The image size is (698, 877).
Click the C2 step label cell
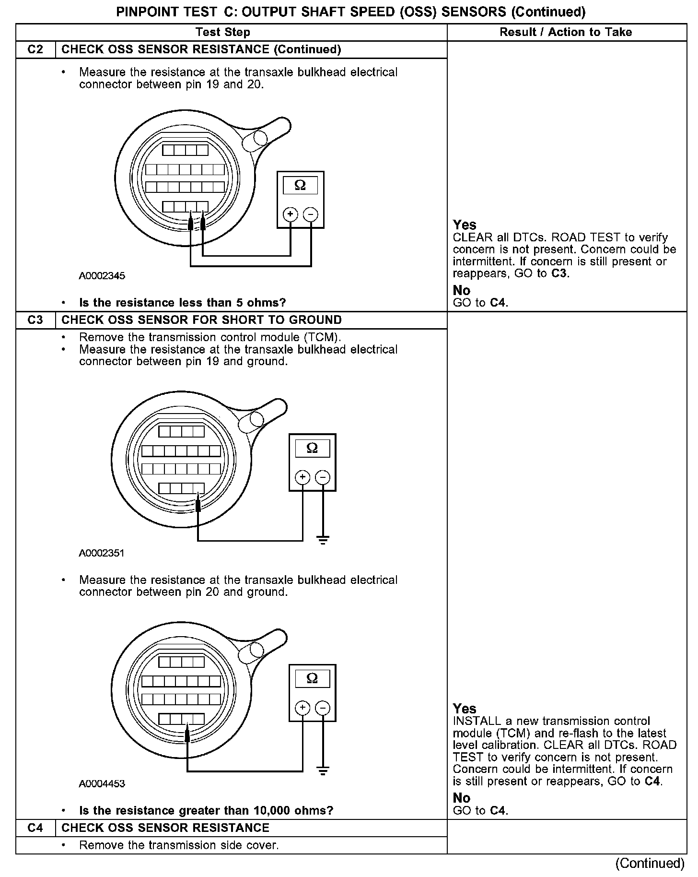coord(35,49)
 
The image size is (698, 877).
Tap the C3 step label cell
coord(35,320)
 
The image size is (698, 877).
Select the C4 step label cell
coord(35,828)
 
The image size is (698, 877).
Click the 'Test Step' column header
coord(223,32)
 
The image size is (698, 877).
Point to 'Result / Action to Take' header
coord(566,32)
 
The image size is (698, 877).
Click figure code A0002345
coord(102,276)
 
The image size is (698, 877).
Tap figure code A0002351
coord(102,553)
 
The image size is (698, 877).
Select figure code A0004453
coord(102,784)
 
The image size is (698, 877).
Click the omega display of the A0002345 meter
coord(300,185)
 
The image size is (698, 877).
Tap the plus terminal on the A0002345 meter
coord(290,214)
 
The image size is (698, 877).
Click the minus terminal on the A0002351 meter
coord(323,477)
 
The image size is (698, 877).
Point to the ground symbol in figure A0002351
coord(323,540)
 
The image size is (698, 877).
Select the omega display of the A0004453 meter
coord(312,678)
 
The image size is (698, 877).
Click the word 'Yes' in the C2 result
coord(465,225)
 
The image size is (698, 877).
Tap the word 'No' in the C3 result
coord(462,798)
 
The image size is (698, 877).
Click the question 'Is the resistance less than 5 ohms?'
coord(182,303)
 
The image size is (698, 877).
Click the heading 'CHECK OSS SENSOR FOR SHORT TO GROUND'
coord(201,320)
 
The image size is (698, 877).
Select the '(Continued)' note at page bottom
coord(650,864)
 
